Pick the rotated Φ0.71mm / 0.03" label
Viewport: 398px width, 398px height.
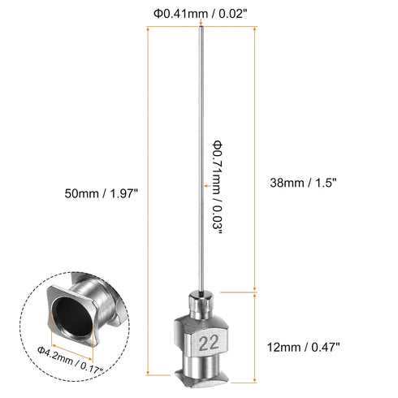click(x=218, y=187)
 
